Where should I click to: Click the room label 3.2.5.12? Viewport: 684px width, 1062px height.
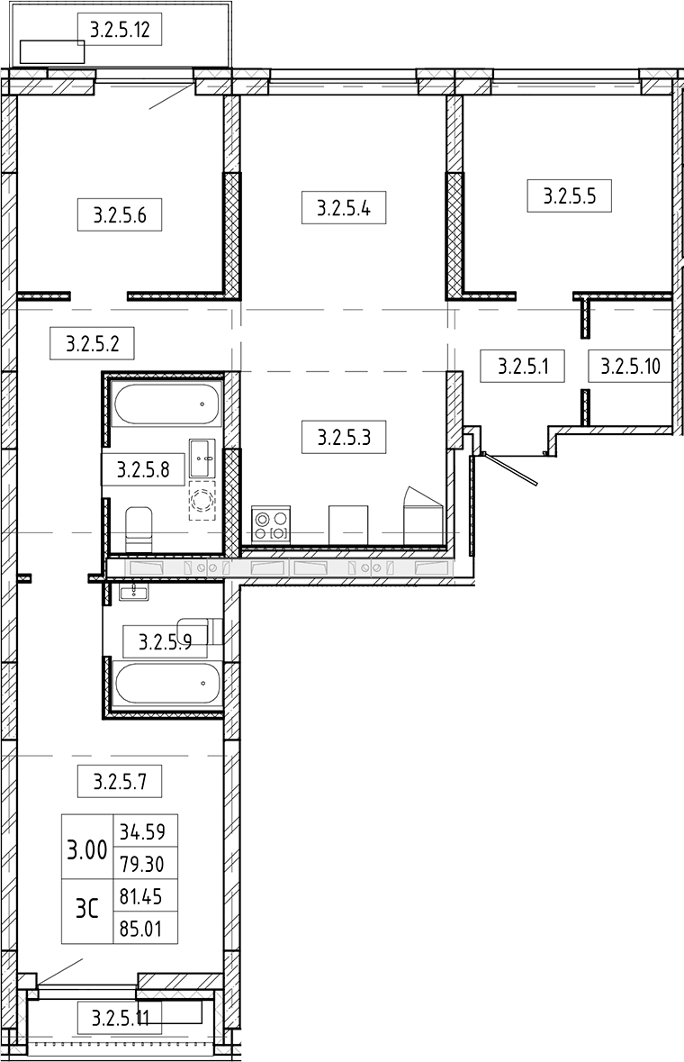click(x=120, y=30)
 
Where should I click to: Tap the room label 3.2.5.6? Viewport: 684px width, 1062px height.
click(x=120, y=215)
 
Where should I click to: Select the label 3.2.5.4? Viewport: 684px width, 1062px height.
click(x=344, y=207)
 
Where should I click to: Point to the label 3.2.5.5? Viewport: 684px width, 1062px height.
click(x=570, y=196)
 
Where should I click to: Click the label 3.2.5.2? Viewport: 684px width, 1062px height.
click(x=92, y=343)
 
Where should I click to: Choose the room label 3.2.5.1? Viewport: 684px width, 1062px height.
click(x=523, y=367)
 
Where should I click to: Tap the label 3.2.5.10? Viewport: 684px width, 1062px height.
click(x=631, y=367)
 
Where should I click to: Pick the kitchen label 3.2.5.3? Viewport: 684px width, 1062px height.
click(x=344, y=437)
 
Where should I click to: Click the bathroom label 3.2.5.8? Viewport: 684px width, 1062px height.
click(x=143, y=469)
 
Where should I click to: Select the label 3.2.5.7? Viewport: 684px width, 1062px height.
click(x=120, y=782)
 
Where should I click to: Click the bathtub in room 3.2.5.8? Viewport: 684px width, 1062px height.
click(x=167, y=404)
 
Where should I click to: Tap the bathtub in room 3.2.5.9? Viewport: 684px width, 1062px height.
click(x=167, y=684)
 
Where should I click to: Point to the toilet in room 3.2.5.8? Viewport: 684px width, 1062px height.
click(x=139, y=531)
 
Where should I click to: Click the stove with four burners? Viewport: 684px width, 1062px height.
click(x=271, y=524)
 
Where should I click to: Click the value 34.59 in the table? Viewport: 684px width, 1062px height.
click(x=142, y=831)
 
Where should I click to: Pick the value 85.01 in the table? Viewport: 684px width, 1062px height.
click(x=141, y=929)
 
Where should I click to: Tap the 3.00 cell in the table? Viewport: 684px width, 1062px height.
click(x=87, y=849)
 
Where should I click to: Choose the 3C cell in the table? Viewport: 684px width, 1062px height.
click(x=87, y=909)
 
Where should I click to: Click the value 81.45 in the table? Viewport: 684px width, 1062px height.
click(x=141, y=896)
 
